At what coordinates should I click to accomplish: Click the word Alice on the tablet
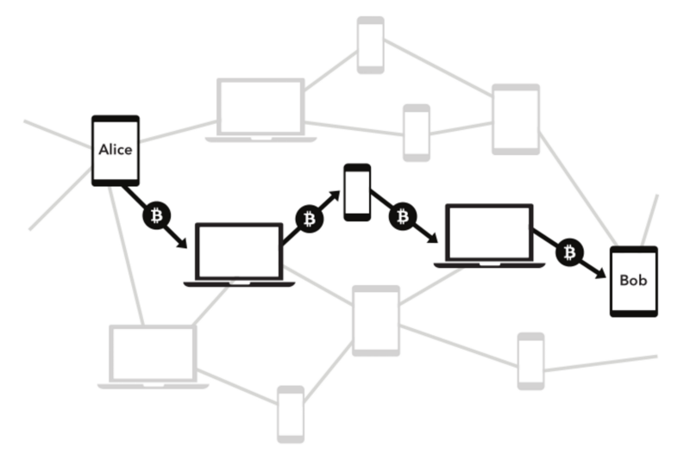116,150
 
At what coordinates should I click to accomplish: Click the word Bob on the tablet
633,281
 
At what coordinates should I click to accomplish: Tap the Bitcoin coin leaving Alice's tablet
155,215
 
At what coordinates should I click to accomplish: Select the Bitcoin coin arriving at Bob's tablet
568,252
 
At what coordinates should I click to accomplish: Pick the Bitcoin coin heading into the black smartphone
309,220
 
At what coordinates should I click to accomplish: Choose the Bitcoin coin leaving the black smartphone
402,216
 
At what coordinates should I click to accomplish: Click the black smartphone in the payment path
357,191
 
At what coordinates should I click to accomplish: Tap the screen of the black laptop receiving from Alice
239,252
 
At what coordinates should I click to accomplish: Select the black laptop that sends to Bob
489,234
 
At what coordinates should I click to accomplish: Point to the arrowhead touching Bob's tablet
601,273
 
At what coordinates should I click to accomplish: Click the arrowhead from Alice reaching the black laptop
182,244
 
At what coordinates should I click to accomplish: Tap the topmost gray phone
371,44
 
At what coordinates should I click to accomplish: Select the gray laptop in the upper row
260,109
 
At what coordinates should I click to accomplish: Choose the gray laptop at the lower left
153,356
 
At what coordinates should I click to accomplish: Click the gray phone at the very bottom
291,414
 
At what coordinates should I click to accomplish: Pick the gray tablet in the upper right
516,119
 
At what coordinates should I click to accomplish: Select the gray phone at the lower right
530,361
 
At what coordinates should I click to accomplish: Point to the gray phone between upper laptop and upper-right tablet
417,133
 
